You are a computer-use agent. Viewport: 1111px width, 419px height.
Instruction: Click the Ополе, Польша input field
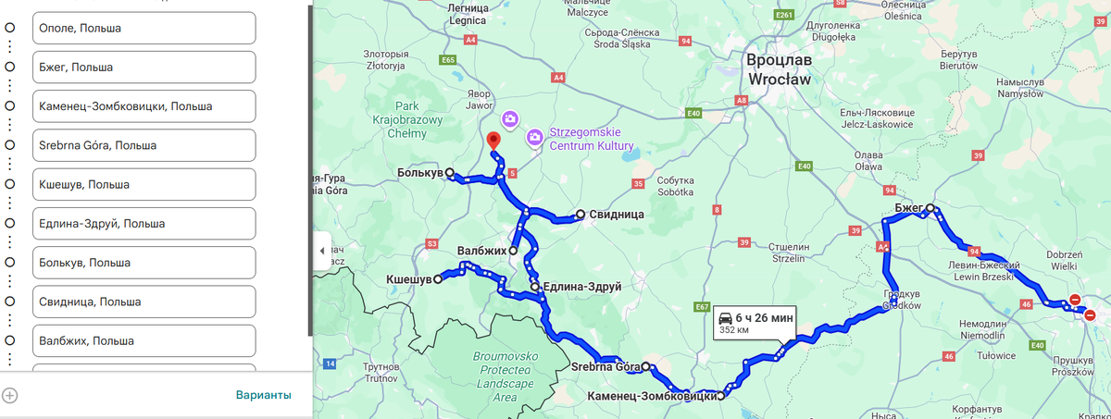click(x=144, y=28)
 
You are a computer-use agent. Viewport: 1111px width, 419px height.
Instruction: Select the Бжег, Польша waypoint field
click(x=144, y=68)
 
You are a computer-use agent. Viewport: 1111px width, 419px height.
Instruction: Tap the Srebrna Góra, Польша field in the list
click(x=144, y=145)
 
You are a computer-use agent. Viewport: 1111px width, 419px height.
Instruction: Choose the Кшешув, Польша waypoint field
click(x=144, y=185)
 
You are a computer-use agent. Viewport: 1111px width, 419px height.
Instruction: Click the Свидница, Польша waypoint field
click(x=144, y=302)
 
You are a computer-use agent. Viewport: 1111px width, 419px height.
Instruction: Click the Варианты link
click(x=263, y=395)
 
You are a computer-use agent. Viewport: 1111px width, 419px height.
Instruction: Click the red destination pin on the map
click(x=493, y=141)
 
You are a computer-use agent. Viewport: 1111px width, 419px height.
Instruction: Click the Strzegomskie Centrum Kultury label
click(x=591, y=140)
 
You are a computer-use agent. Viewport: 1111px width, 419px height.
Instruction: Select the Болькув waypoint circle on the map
click(x=449, y=173)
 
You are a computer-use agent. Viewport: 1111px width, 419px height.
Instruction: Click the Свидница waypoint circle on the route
click(x=580, y=215)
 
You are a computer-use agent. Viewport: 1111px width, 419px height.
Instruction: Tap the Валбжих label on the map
click(x=481, y=251)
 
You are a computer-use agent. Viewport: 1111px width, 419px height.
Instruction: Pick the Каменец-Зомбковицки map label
click(x=652, y=397)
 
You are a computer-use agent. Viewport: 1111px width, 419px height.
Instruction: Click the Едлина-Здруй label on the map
click(x=580, y=287)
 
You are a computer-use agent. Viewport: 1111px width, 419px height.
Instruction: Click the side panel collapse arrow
click(x=322, y=251)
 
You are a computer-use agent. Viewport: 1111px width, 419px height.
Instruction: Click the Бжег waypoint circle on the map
click(x=930, y=209)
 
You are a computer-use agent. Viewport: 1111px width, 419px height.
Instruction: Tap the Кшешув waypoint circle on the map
click(x=438, y=278)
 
